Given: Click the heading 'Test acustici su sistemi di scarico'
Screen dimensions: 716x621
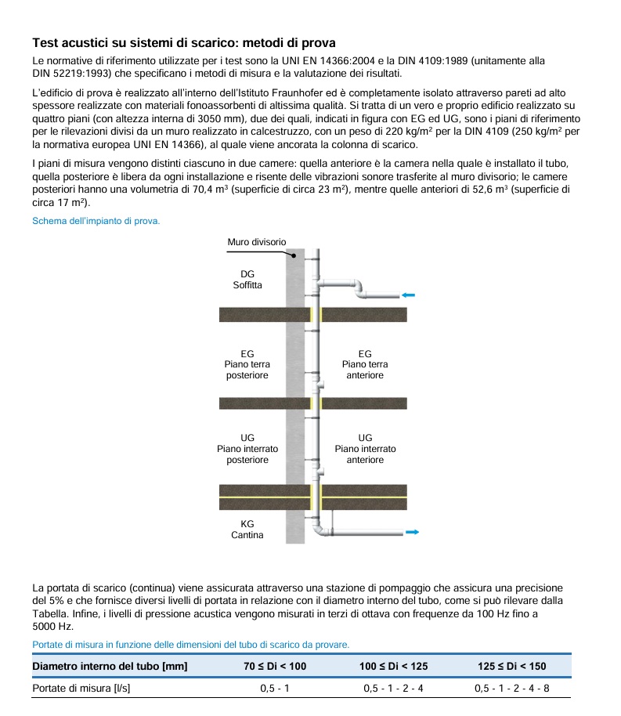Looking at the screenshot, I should click(x=185, y=42).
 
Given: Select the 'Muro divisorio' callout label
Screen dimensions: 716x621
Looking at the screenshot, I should click(x=257, y=242).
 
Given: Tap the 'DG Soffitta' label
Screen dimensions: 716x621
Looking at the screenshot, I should click(x=247, y=280).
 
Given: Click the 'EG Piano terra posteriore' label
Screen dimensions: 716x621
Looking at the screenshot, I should click(x=247, y=365).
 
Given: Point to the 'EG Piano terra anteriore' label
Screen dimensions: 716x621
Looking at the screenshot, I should click(x=365, y=365).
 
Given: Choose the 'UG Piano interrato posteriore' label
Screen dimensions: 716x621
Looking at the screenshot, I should click(x=247, y=449).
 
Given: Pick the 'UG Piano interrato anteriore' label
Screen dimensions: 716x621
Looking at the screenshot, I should click(x=365, y=449).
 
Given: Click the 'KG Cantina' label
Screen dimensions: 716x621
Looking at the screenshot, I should click(x=247, y=530).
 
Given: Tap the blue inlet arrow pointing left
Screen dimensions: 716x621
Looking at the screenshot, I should click(x=408, y=295).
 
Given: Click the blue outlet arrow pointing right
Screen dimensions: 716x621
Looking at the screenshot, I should click(x=412, y=533).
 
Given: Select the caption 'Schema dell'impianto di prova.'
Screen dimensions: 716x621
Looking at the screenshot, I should click(x=96, y=221).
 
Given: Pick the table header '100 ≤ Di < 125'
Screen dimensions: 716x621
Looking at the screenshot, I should click(x=393, y=667).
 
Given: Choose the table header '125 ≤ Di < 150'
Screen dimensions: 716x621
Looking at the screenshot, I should click(x=511, y=667).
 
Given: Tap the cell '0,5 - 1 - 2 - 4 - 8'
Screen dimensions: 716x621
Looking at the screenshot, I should click(x=511, y=689).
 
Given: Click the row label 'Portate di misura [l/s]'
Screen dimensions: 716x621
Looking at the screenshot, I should click(x=81, y=689).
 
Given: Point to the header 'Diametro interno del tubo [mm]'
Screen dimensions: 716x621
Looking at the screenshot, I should click(x=110, y=667).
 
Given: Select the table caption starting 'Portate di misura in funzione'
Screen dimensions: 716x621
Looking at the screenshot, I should click(x=191, y=645).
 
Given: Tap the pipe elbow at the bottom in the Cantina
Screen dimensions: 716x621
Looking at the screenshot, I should click(x=321, y=530).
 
